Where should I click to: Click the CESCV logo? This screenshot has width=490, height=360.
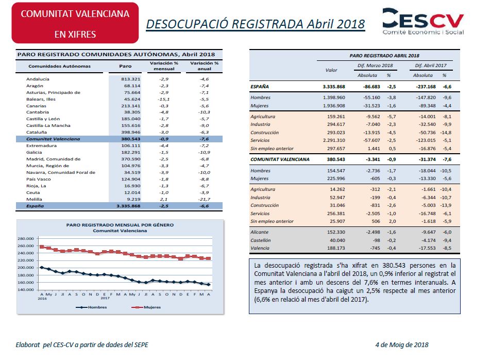(423, 21)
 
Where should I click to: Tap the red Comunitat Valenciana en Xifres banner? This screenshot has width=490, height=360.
(75, 23)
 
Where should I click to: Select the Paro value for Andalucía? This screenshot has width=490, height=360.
(131, 79)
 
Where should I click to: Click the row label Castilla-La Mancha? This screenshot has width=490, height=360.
(48, 125)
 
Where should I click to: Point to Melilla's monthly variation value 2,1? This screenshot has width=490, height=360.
(164, 199)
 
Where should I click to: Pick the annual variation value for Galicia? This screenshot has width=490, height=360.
(204, 152)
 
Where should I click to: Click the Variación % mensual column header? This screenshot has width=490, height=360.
(164, 66)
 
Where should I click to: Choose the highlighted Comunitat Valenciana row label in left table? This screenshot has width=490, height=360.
(53, 139)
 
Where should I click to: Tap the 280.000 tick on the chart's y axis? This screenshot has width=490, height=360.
(26, 238)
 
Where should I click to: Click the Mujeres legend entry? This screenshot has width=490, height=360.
(146, 307)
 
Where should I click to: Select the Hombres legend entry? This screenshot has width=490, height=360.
(91, 307)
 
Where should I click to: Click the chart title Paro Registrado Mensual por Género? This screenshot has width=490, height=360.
(120, 225)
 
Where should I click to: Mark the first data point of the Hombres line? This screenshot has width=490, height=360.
(42, 267)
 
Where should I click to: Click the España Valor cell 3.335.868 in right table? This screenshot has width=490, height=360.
(334, 87)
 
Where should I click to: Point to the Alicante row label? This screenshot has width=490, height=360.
(259, 232)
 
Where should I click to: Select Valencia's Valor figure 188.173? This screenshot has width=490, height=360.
(336, 248)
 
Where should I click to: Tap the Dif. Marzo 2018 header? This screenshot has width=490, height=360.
(375, 66)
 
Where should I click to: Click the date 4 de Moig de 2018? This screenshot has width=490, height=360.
(402, 345)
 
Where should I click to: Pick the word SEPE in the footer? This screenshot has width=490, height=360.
(141, 345)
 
